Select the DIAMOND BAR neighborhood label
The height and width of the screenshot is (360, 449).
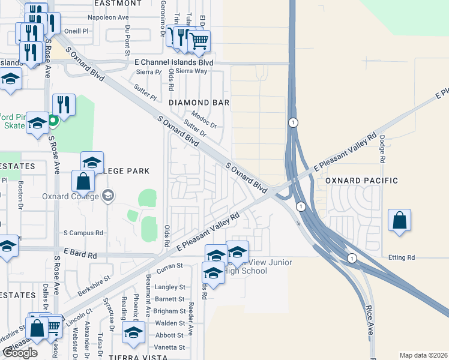click(199, 103)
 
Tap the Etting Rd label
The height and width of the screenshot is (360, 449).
click(402, 257)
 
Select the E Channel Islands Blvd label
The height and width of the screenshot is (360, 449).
click(174, 62)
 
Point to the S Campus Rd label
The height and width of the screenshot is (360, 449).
click(83, 233)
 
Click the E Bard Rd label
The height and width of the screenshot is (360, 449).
click(78, 255)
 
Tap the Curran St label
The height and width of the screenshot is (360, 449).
click(171, 265)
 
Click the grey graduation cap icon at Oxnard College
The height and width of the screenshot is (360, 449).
click(108, 195)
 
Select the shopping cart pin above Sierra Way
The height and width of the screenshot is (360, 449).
click(199, 42)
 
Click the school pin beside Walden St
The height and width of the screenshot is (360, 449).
click(133, 333)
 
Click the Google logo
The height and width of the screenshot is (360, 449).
click(20, 353)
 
